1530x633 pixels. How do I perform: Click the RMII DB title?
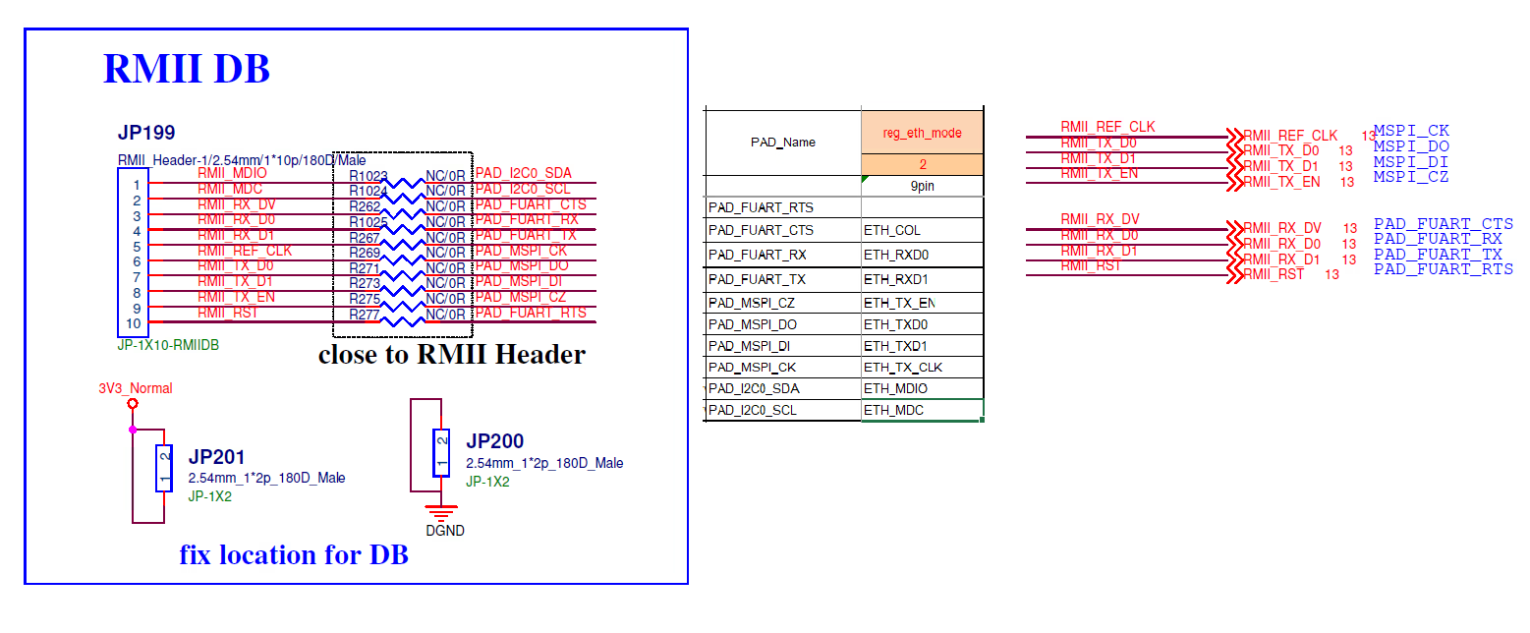[x=187, y=69]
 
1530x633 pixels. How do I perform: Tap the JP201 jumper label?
[x=216, y=457]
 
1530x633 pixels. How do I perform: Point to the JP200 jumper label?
[x=494, y=441]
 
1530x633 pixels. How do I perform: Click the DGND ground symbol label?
[x=444, y=531]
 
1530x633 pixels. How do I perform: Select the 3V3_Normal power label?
[x=136, y=388]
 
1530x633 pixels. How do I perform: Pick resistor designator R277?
[x=364, y=315]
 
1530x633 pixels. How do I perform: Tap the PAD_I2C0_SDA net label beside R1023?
[x=523, y=174]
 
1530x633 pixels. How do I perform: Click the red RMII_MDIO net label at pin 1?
[x=232, y=173]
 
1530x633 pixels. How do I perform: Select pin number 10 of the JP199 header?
[x=133, y=323]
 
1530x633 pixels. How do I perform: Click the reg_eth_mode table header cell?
[x=922, y=133]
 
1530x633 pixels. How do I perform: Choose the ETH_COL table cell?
[x=892, y=230]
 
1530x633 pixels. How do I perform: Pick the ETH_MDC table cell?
[x=893, y=410]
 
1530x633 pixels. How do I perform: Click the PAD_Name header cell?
[x=782, y=142]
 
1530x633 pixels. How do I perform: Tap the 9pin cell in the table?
[x=922, y=185]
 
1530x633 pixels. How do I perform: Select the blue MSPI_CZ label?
[x=1410, y=177]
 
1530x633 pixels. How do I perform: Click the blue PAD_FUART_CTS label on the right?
[x=1443, y=224]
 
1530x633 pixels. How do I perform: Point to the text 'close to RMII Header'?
[x=451, y=355]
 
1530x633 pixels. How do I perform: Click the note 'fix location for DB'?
[x=293, y=555]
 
